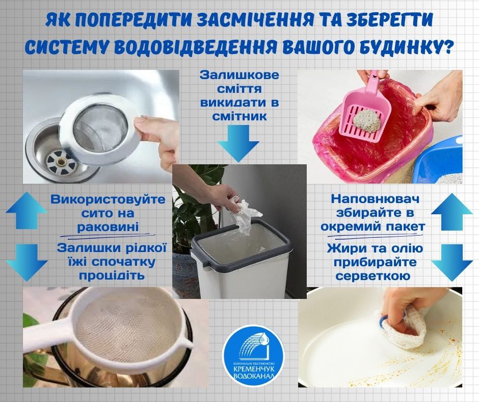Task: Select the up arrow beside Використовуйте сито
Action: click(27, 211)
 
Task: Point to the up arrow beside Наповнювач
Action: click(452, 212)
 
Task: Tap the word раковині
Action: click(108, 227)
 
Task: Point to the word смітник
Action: click(240, 116)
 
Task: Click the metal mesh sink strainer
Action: click(101, 129)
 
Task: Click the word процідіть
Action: click(112, 275)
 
